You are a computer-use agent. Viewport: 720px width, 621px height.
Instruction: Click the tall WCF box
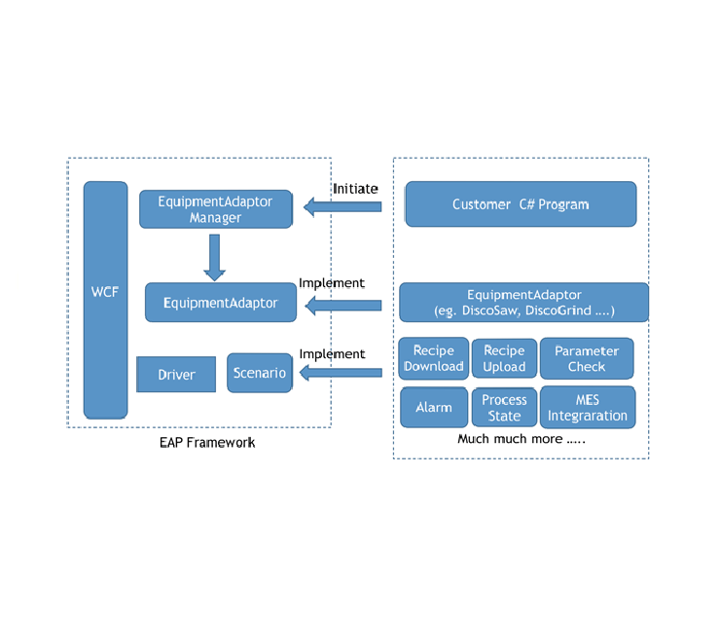(105, 299)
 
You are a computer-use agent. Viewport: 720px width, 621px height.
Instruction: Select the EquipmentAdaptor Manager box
(215, 209)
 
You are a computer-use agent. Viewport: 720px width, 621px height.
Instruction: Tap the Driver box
(176, 375)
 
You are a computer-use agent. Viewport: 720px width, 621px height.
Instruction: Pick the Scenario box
(260, 373)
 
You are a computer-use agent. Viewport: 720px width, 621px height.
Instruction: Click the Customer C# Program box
(521, 204)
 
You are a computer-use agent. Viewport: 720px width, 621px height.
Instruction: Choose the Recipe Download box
(434, 359)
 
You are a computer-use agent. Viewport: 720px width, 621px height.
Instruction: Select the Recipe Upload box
(504, 359)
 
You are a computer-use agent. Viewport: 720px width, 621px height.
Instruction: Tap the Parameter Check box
(587, 359)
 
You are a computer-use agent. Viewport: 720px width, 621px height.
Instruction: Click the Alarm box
(434, 407)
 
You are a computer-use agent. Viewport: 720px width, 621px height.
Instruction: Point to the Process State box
(504, 407)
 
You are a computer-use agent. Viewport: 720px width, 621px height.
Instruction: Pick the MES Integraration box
(588, 407)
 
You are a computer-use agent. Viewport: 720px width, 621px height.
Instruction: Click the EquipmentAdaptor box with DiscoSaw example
(523, 303)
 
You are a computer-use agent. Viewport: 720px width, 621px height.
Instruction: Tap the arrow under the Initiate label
(342, 206)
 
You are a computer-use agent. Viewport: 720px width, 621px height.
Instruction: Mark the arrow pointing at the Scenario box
(341, 374)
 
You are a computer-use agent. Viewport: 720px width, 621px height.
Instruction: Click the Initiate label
(355, 188)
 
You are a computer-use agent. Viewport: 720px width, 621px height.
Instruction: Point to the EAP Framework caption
(207, 442)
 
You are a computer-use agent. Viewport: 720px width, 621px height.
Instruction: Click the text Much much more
(522, 439)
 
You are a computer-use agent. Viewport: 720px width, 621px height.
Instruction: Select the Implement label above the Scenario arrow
(332, 354)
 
